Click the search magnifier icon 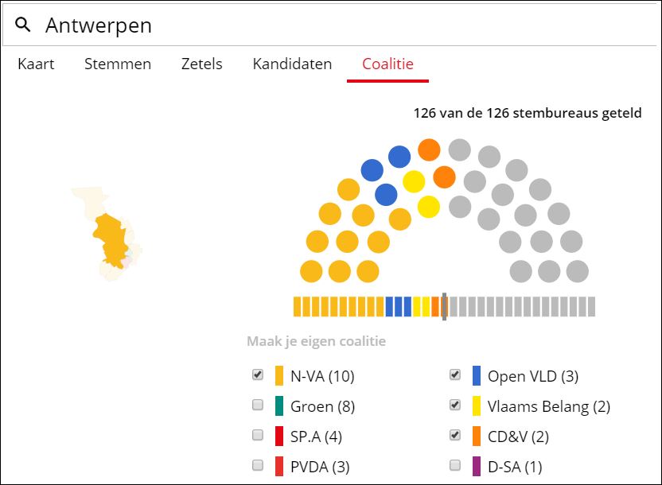point(23,25)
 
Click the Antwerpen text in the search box point(98,25)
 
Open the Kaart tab point(36,64)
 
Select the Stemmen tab point(118,64)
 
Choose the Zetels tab point(201,64)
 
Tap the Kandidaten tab point(292,64)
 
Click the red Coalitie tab point(387,64)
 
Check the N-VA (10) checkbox point(258,375)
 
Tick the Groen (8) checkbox point(258,405)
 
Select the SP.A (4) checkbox point(258,436)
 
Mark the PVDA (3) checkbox point(258,466)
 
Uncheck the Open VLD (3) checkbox point(455,375)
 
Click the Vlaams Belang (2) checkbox point(455,405)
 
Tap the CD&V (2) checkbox point(455,436)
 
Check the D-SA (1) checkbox point(455,466)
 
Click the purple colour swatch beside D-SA point(477,467)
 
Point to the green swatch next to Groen point(279,406)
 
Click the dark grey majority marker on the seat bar point(444,306)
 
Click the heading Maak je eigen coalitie point(316,342)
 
